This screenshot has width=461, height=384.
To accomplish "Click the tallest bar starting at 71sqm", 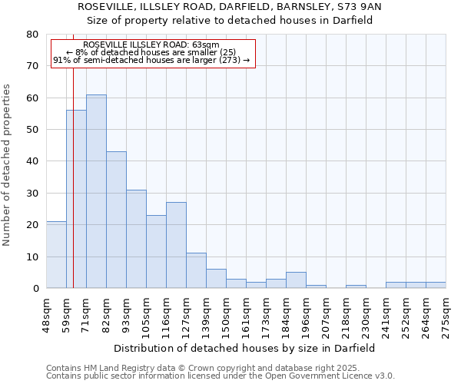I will click(x=96, y=191).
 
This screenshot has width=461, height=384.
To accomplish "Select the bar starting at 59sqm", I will click(x=76, y=199).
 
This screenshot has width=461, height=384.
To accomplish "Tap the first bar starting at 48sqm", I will click(x=56, y=254).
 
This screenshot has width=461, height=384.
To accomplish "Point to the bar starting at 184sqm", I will click(x=296, y=280).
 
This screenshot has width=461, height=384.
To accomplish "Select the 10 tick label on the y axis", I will click(x=32, y=257).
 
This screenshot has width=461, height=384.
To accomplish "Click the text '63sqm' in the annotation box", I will click(x=206, y=45).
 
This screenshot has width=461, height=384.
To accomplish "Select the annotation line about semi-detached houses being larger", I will click(x=151, y=60).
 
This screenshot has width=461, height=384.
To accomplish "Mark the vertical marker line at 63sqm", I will click(x=73, y=177).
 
